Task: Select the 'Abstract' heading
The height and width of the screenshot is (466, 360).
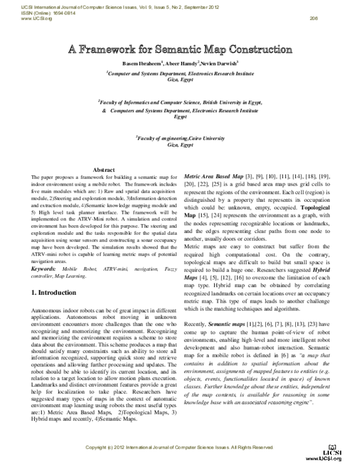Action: (104, 171)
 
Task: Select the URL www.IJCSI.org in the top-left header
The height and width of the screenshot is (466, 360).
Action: (18, 19)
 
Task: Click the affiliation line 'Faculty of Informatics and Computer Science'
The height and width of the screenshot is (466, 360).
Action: (180, 104)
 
